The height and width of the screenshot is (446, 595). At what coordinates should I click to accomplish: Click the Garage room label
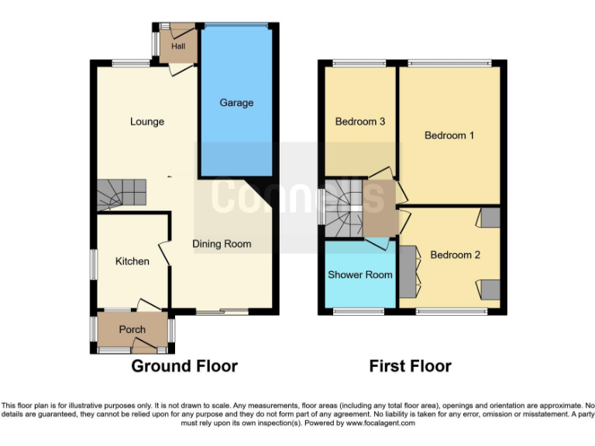point(236,103)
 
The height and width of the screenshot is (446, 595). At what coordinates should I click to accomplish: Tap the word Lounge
point(147,122)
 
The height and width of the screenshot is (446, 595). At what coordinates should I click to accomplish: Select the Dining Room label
point(222,244)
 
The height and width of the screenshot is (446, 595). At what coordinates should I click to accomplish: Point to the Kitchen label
point(132,261)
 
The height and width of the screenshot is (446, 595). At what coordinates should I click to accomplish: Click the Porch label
point(132,330)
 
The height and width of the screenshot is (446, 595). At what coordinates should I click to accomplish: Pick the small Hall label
point(179,46)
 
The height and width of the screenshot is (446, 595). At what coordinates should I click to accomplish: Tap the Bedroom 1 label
point(449,136)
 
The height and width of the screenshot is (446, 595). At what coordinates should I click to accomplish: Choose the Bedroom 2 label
point(451,255)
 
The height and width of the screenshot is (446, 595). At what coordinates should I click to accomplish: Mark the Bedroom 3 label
point(360,122)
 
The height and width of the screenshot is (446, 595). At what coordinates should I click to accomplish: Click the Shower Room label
point(360,275)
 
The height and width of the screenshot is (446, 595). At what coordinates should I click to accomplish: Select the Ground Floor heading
point(184,366)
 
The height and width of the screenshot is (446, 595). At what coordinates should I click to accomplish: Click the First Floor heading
point(410,366)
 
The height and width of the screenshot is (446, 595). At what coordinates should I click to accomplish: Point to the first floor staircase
point(343,208)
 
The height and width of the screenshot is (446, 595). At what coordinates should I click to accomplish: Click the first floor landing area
point(380,208)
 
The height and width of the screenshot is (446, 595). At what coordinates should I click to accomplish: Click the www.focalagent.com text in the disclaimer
point(380,424)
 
